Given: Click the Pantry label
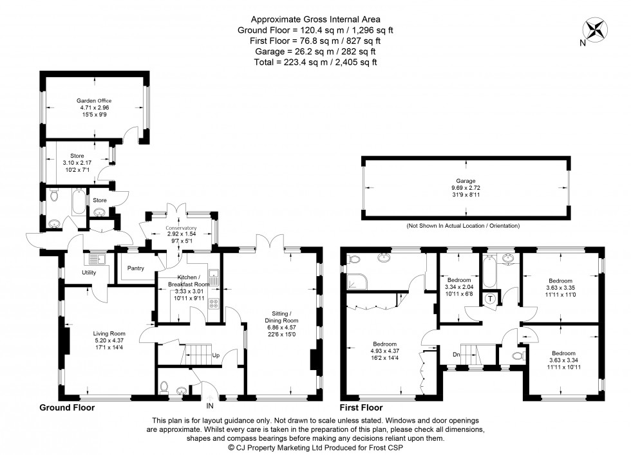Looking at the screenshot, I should pos(136,268).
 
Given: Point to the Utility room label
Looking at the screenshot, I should pos(88,272).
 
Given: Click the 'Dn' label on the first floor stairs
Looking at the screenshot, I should pos(456,355).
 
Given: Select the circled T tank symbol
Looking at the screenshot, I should pos(490,298).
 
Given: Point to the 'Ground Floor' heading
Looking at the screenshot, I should pos(67,407).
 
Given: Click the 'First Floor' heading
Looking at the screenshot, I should pos(361,407).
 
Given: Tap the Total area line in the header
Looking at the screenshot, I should pos(307,62).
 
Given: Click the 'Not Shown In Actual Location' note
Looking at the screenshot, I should pos(463,226).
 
